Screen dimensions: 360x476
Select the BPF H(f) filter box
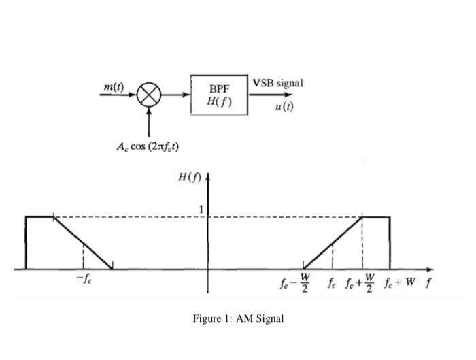(220, 95)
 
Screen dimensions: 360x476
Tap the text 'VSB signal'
(278, 83)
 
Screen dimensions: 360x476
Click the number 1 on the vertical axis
(201, 209)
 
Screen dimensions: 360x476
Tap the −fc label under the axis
(83, 280)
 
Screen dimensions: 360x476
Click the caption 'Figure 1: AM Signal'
(238, 318)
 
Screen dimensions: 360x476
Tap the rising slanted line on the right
(333, 242)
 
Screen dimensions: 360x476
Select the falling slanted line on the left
(83, 242)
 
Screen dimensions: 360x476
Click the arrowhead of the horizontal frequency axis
(428, 269)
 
